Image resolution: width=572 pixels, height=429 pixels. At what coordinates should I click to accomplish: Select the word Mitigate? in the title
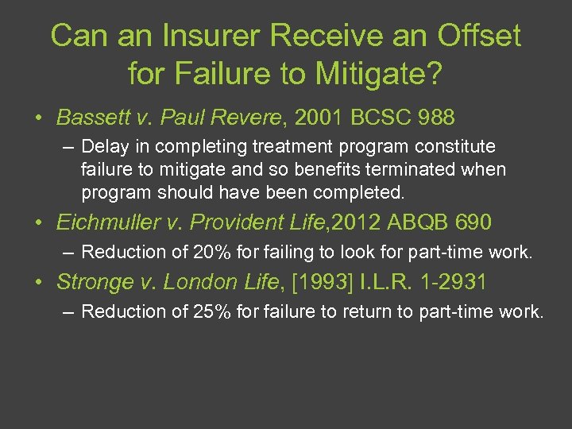pos(377,74)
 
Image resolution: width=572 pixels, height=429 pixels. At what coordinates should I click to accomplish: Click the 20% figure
pos(214,253)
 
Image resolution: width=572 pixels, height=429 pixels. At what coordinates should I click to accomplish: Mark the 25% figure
pos(214,311)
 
